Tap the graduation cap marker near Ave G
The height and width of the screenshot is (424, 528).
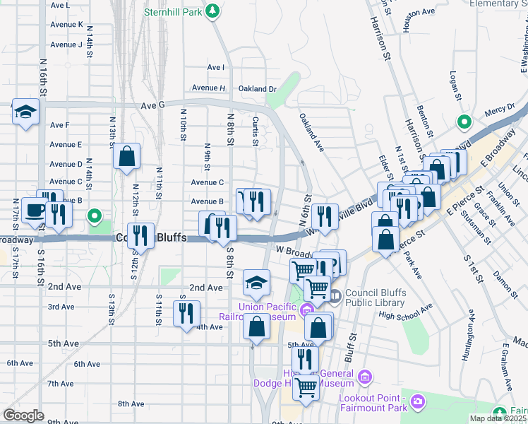tap(26, 113)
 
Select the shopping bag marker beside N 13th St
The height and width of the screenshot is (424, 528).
tap(126, 158)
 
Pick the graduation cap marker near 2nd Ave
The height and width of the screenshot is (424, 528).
tap(256, 284)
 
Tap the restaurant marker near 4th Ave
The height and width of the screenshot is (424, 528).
tap(186, 314)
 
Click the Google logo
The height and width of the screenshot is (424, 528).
tap(23, 416)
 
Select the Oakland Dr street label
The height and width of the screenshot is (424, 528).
tap(257, 89)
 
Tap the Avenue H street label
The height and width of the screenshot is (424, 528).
tap(208, 88)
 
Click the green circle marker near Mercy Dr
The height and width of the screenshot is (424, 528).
tap(464, 121)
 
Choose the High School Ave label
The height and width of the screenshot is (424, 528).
tap(404, 312)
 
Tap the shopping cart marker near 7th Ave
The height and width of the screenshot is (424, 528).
tap(305, 387)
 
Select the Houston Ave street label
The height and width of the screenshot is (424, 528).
tap(418, 12)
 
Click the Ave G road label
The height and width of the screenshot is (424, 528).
tap(152, 105)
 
